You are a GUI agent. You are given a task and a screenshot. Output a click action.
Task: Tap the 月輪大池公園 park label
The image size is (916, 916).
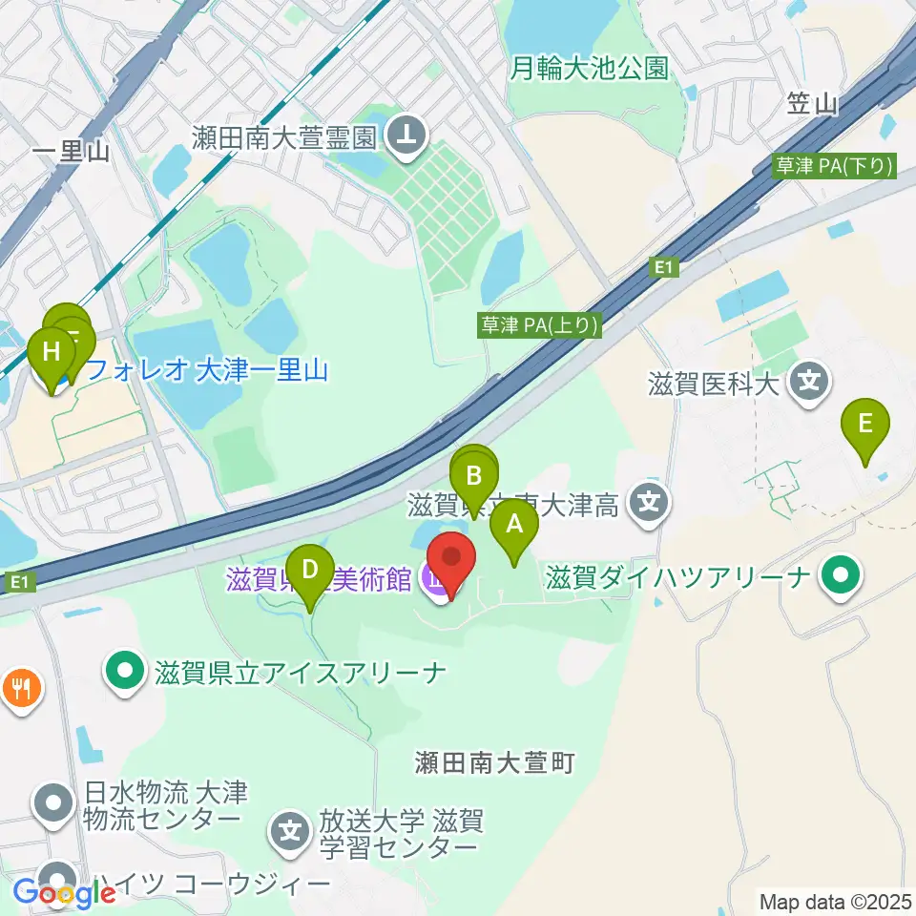589,68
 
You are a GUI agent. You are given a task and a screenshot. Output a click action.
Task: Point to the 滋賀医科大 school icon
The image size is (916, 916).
810,384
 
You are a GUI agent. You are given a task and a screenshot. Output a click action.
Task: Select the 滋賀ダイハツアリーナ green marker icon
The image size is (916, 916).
841,575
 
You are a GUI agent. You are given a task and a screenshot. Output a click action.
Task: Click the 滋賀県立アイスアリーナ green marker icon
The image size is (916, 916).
125,673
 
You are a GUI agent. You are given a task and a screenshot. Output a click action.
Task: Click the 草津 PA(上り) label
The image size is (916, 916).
540,325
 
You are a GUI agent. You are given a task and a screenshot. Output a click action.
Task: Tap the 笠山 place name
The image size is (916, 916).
812,104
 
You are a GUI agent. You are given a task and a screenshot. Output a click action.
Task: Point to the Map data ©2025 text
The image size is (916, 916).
834,900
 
